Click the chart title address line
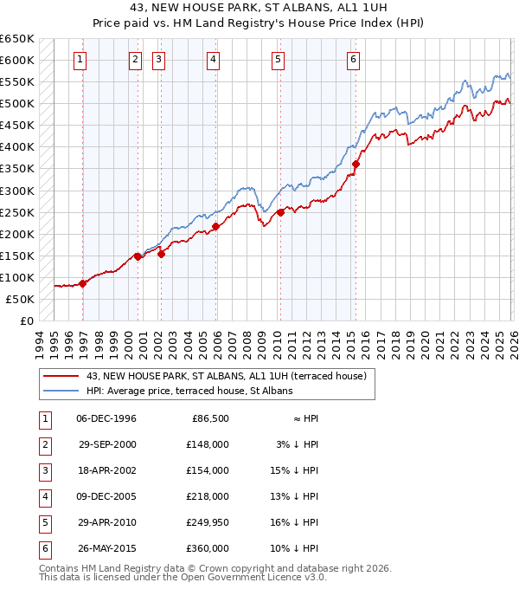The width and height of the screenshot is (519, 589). tap(259, 7)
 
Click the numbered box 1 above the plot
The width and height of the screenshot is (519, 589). tap(80, 60)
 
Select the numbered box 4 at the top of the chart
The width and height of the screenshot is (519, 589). tap(213, 60)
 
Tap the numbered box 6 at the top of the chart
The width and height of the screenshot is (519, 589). tap(354, 60)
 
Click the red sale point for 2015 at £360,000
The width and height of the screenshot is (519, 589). tap(356, 164)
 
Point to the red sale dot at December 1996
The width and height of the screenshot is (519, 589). tap(83, 283)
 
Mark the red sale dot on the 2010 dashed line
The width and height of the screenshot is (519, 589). tap(280, 211)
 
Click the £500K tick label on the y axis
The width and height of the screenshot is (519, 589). tap(17, 104)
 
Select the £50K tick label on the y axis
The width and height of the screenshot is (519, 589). tap(20, 299)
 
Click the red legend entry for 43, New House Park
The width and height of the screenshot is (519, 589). tap(227, 376)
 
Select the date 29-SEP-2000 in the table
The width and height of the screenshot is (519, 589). tap(107, 443)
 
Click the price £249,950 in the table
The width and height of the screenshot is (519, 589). tap(208, 521)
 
